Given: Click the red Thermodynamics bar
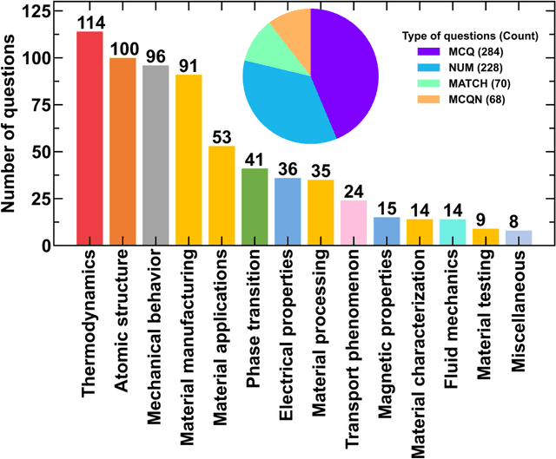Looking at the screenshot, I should [89, 139].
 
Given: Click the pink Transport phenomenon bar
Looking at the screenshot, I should [354, 223].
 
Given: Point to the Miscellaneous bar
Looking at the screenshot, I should [518, 238].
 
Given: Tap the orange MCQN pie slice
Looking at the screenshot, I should [291, 30].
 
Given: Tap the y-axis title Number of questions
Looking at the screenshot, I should [14, 130].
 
